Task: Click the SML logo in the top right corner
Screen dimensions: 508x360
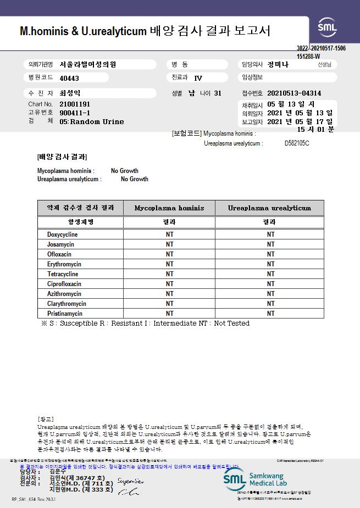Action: pos(329,26)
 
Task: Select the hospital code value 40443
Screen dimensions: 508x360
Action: pos(69,78)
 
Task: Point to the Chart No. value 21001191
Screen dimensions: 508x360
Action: pos(75,104)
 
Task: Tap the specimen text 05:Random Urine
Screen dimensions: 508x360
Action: pos(92,121)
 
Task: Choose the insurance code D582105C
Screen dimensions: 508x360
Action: pos(297,143)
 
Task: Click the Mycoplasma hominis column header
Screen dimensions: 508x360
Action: pos(169,208)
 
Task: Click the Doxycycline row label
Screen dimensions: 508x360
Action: pos(62,235)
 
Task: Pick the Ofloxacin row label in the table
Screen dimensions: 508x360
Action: pos(59,254)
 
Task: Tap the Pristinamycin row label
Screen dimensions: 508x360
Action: pos(65,314)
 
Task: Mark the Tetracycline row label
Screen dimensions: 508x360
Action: pos(63,274)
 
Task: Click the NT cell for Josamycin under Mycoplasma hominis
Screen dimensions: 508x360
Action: pos(169,244)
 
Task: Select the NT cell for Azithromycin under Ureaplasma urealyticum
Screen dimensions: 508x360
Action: pos(270,294)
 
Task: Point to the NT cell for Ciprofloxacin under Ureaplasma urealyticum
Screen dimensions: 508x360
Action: pos(270,284)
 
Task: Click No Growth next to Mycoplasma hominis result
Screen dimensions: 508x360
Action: pos(125,171)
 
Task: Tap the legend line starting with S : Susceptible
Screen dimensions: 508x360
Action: pos(146,323)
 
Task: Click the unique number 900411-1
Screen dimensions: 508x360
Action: pos(74,113)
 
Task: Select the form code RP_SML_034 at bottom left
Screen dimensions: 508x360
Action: pos(34,499)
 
